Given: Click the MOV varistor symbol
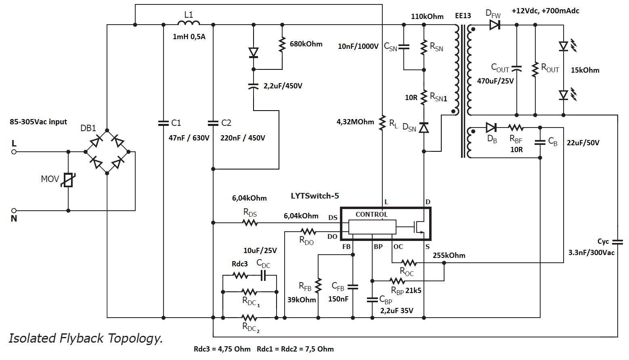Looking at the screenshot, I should pos(69,180).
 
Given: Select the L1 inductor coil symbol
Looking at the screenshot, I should pos(189,23).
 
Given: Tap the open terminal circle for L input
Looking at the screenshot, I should pos(14,152).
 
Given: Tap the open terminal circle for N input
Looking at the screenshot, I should pos(14,210).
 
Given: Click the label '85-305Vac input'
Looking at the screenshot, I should pos(38,122).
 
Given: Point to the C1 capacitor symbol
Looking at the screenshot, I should pos(164,123).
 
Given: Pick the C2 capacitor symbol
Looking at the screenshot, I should pos(213,123).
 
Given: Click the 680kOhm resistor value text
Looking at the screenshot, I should pos(306,44).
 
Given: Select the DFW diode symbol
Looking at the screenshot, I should pos(495,25).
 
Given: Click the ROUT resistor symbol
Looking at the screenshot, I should pos(535,69).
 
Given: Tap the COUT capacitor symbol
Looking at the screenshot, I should pos(517,68).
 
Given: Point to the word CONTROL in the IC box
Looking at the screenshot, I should pos(371,215).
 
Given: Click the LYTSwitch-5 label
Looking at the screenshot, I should pos(315,196).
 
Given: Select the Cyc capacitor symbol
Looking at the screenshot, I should pos(618,242).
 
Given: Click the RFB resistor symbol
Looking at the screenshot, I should pos(319,286).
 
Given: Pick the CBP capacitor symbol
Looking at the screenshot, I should pos(372,299).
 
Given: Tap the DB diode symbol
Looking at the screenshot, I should pos(491,128).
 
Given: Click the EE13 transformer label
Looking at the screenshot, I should pos(463,16).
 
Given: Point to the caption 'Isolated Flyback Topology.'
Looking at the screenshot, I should pos(86,338).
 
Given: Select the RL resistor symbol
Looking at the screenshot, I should pos(382,123).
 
